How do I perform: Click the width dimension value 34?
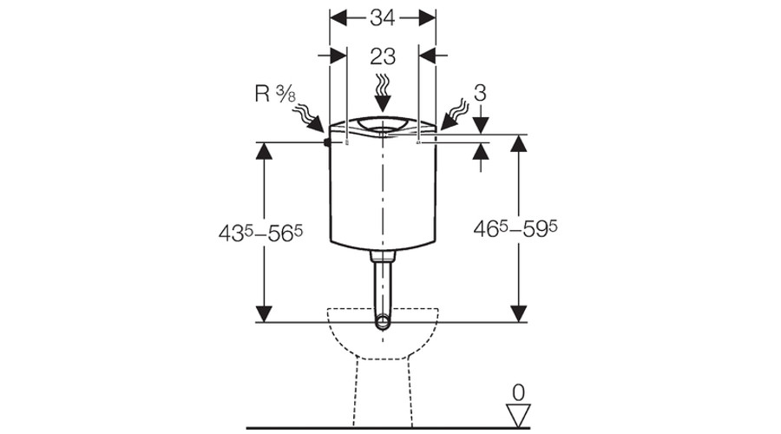tap(383, 18)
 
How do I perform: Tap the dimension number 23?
tap(383, 56)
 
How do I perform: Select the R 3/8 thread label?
tap(274, 94)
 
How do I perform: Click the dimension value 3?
tap(480, 93)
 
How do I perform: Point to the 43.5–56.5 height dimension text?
tap(260, 233)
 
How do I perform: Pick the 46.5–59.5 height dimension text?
tap(515, 228)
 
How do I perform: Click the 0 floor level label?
tap(518, 393)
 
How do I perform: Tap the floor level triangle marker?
tap(518, 416)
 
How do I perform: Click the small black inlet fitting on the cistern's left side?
tap(327, 142)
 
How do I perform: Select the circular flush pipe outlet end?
tap(383, 322)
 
